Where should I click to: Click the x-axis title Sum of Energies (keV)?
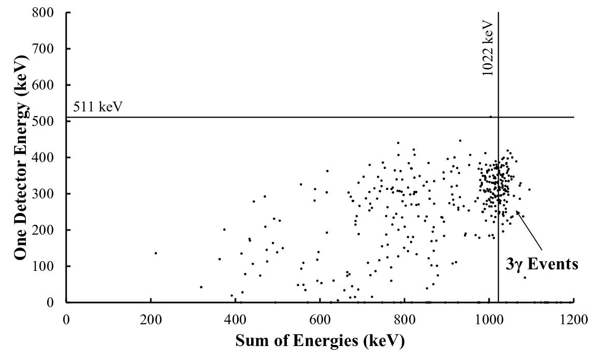(x=320, y=340)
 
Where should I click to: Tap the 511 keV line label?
(x=98, y=107)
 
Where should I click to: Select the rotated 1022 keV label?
(x=488, y=48)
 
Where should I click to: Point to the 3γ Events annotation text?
(x=542, y=264)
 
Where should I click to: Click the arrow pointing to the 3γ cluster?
(x=530, y=229)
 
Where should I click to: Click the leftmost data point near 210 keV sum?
(x=156, y=253)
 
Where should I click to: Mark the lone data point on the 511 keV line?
(x=490, y=117)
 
